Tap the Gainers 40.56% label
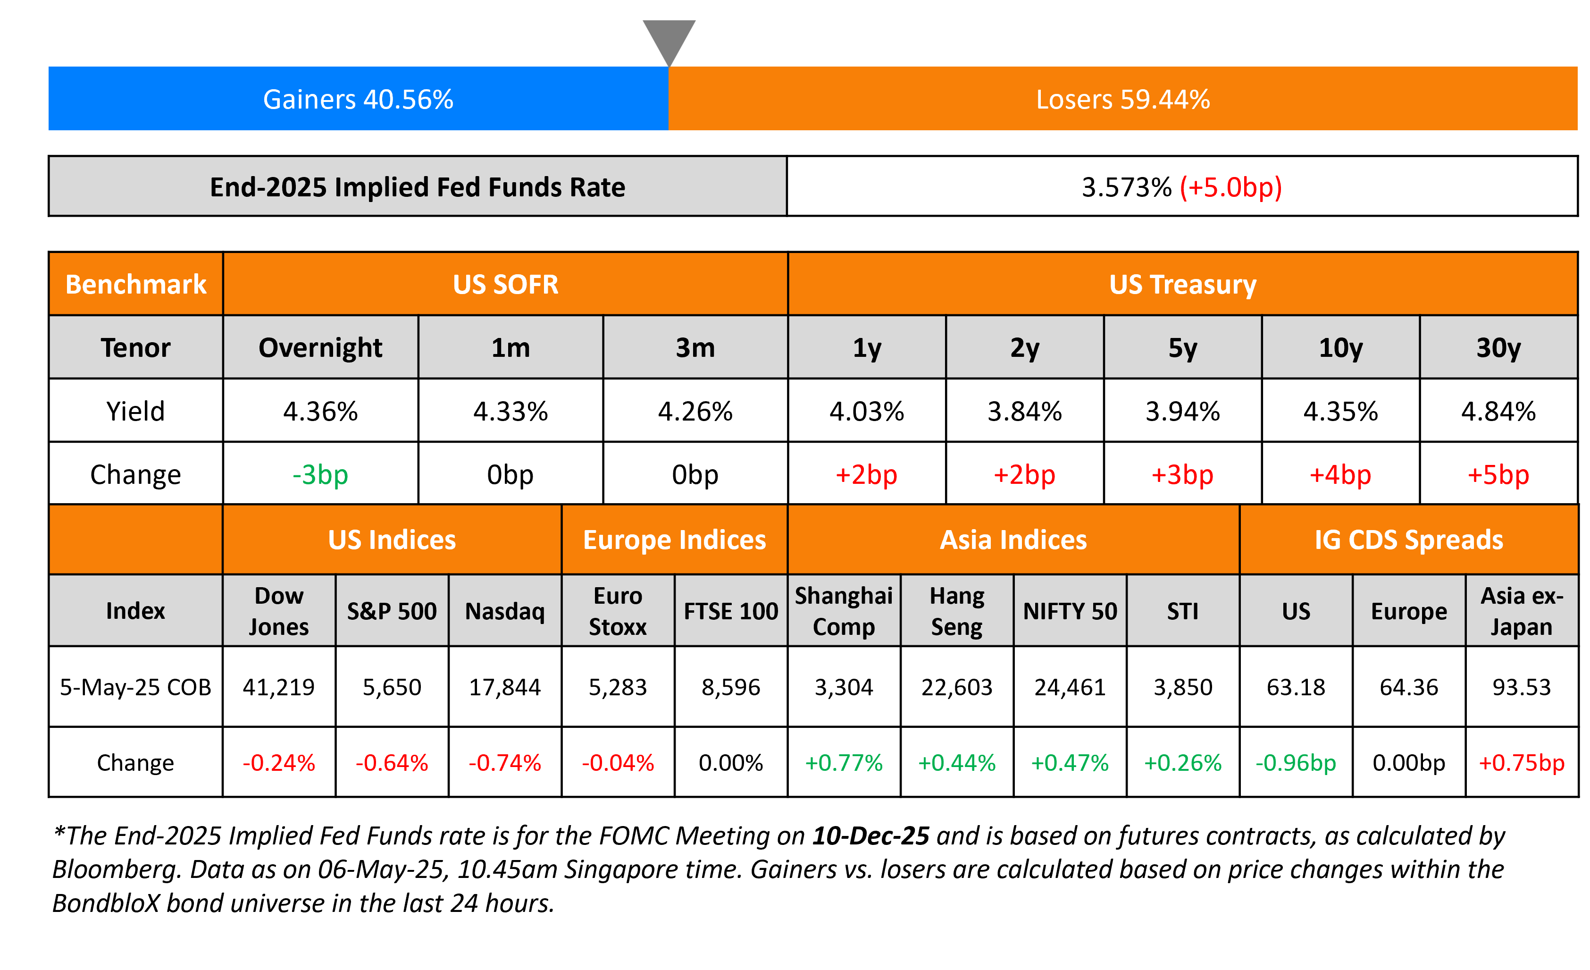click(x=358, y=100)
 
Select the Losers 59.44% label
click(x=1123, y=100)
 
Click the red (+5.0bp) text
click(x=1230, y=187)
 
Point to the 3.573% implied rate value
click(x=1126, y=187)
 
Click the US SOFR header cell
click(x=505, y=284)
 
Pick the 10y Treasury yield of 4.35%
click(x=1340, y=411)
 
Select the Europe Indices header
click(x=674, y=540)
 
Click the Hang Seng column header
click(x=956, y=610)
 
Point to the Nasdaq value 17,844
click(x=505, y=687)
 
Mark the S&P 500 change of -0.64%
click(x=392, y=763)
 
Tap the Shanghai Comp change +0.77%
click(x=844, y=763)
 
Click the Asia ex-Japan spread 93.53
click(x=1521, y=687)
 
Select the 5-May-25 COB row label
click(x=135, y=687)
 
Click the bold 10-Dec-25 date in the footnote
click(x=870, y=836)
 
